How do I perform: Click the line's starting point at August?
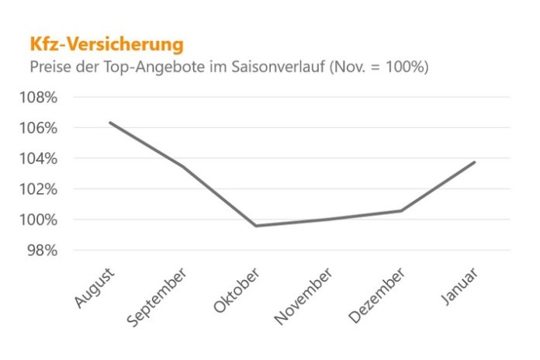[x=109, y=123]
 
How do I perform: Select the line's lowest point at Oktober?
[x=256, y=226]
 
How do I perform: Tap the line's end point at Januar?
[x=475, y=162]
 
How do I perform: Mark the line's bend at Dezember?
[x=402, y=210]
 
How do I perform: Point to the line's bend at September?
[x=183, y=166]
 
